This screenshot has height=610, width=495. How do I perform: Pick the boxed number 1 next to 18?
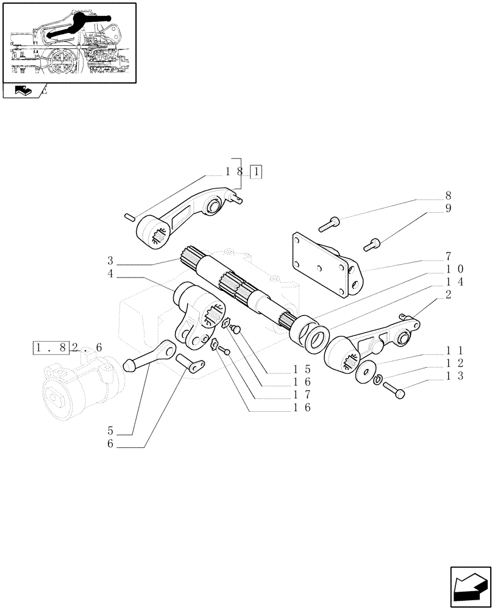(257, 172)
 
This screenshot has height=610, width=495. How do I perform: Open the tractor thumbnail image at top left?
(69, 42)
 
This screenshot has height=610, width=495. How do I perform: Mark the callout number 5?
(110, 431)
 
